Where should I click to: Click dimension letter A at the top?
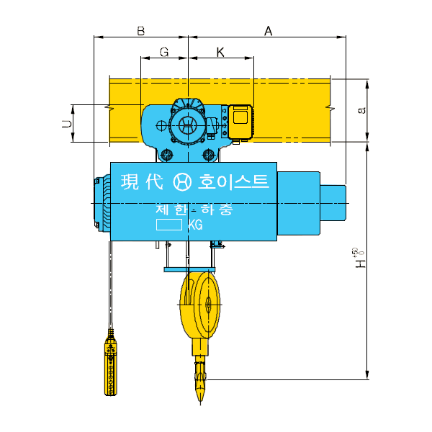269,31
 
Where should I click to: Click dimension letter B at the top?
141,31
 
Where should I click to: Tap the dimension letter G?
163,53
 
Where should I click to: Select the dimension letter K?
220,53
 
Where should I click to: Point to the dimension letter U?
67,124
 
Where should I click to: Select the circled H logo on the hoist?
183,182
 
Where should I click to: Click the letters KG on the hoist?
194,225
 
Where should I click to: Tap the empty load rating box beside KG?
171,225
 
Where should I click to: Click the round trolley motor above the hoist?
188,125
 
